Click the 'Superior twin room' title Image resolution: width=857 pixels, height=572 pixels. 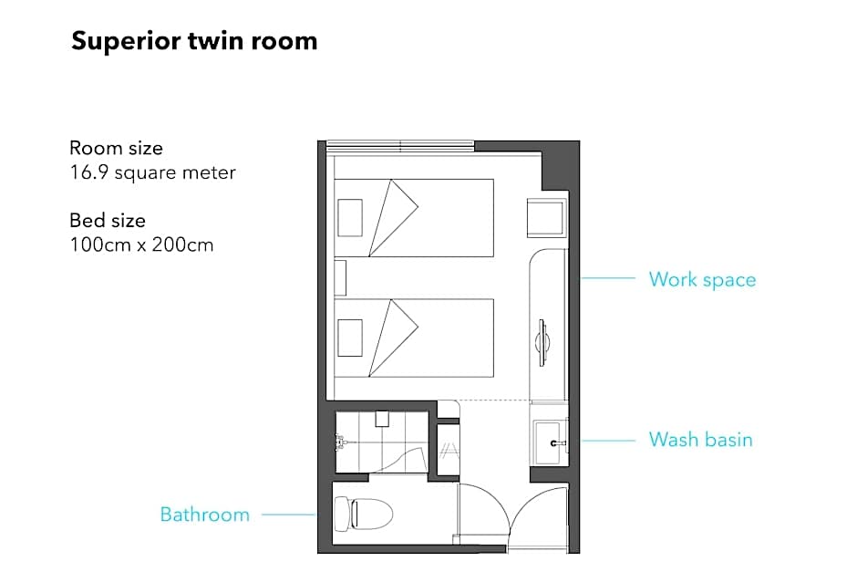click(x=194, y=42)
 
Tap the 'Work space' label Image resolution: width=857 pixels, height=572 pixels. click(x=702, y=280)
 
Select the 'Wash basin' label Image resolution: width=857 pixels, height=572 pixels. click(x=701, y=440)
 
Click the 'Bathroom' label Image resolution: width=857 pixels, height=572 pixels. click(x=205, y=515)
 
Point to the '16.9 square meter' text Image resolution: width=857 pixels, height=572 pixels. click(x=152, y=172)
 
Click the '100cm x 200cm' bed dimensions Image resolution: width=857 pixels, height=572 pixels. click(x=141, y=245)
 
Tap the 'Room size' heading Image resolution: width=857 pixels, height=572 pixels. click(x=116, y=148)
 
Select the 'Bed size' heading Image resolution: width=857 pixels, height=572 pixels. click(x=108, y=221)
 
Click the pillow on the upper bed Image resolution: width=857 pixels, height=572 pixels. click(x=350, y=218)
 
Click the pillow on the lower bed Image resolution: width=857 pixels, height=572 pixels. click(x=350, y=338)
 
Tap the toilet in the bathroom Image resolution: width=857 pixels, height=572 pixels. click(x=364, y=514)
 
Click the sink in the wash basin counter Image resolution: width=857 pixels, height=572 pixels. click(x=549, y=442)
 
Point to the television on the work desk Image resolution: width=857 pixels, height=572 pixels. click(x=542, y=343)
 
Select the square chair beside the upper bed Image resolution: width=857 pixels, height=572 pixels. click(x=546, y=218)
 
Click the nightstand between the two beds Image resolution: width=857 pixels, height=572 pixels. click(x=340, y=278)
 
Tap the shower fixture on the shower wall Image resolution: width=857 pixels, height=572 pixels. click(x=341, y=442)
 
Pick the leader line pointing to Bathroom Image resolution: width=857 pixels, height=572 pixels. click(x=289, y=515)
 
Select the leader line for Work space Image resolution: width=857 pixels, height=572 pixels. click(x=608, y=278)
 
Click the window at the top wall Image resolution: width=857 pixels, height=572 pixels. click(x=400, y=145)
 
